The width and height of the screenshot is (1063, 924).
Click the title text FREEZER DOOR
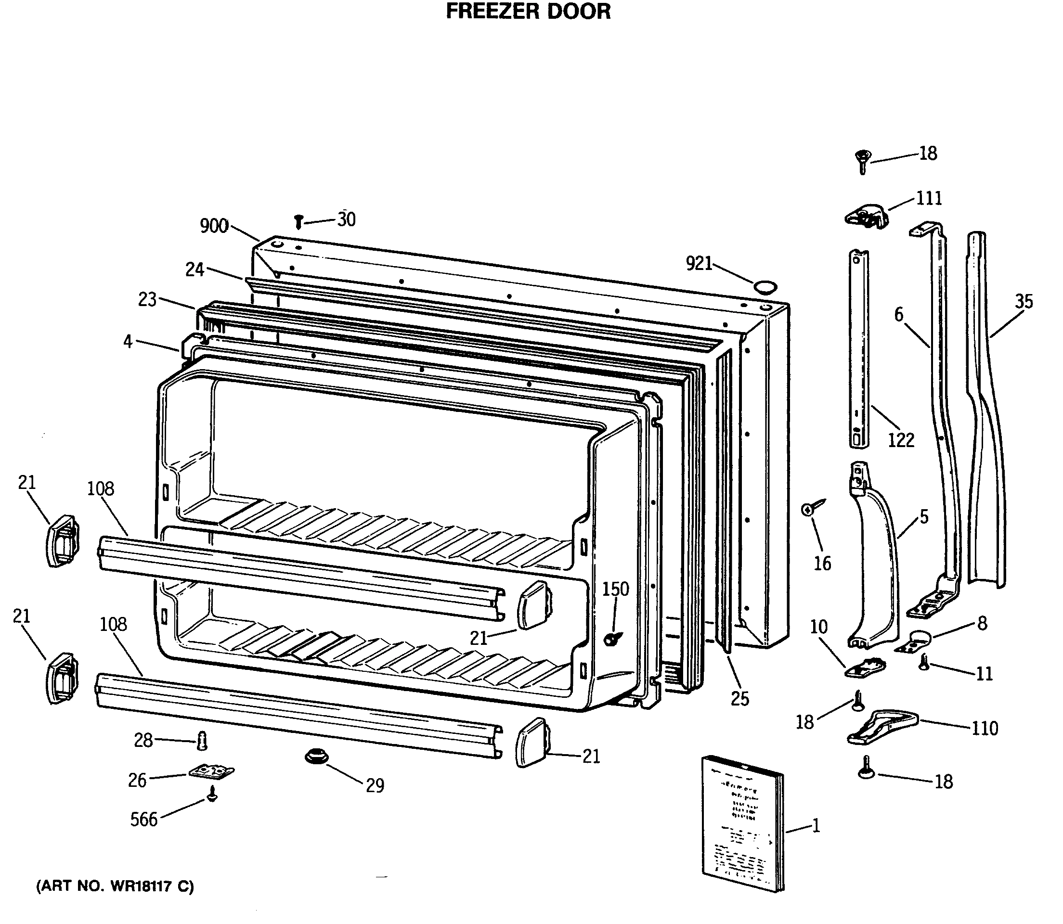click(x=528, y=12)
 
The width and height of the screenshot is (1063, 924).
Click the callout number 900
click(x=214, y=226)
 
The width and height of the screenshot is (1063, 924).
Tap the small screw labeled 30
click(x=298, y=222)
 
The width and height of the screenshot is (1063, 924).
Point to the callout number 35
click(x=1024, y=301)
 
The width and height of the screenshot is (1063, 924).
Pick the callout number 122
click(x=901, y=440)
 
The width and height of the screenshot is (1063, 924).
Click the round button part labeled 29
click(x=316, y=757)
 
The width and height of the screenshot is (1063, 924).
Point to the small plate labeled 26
click(x=211, y=772)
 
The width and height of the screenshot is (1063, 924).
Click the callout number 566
click(x=143, y=819)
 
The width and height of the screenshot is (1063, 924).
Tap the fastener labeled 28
click(x=202, y=742)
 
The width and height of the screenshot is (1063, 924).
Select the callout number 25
click(x=739, y=699)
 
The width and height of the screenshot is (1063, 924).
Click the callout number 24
click(x=194, y=269)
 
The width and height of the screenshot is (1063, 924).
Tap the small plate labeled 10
click(x=865, y=668)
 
